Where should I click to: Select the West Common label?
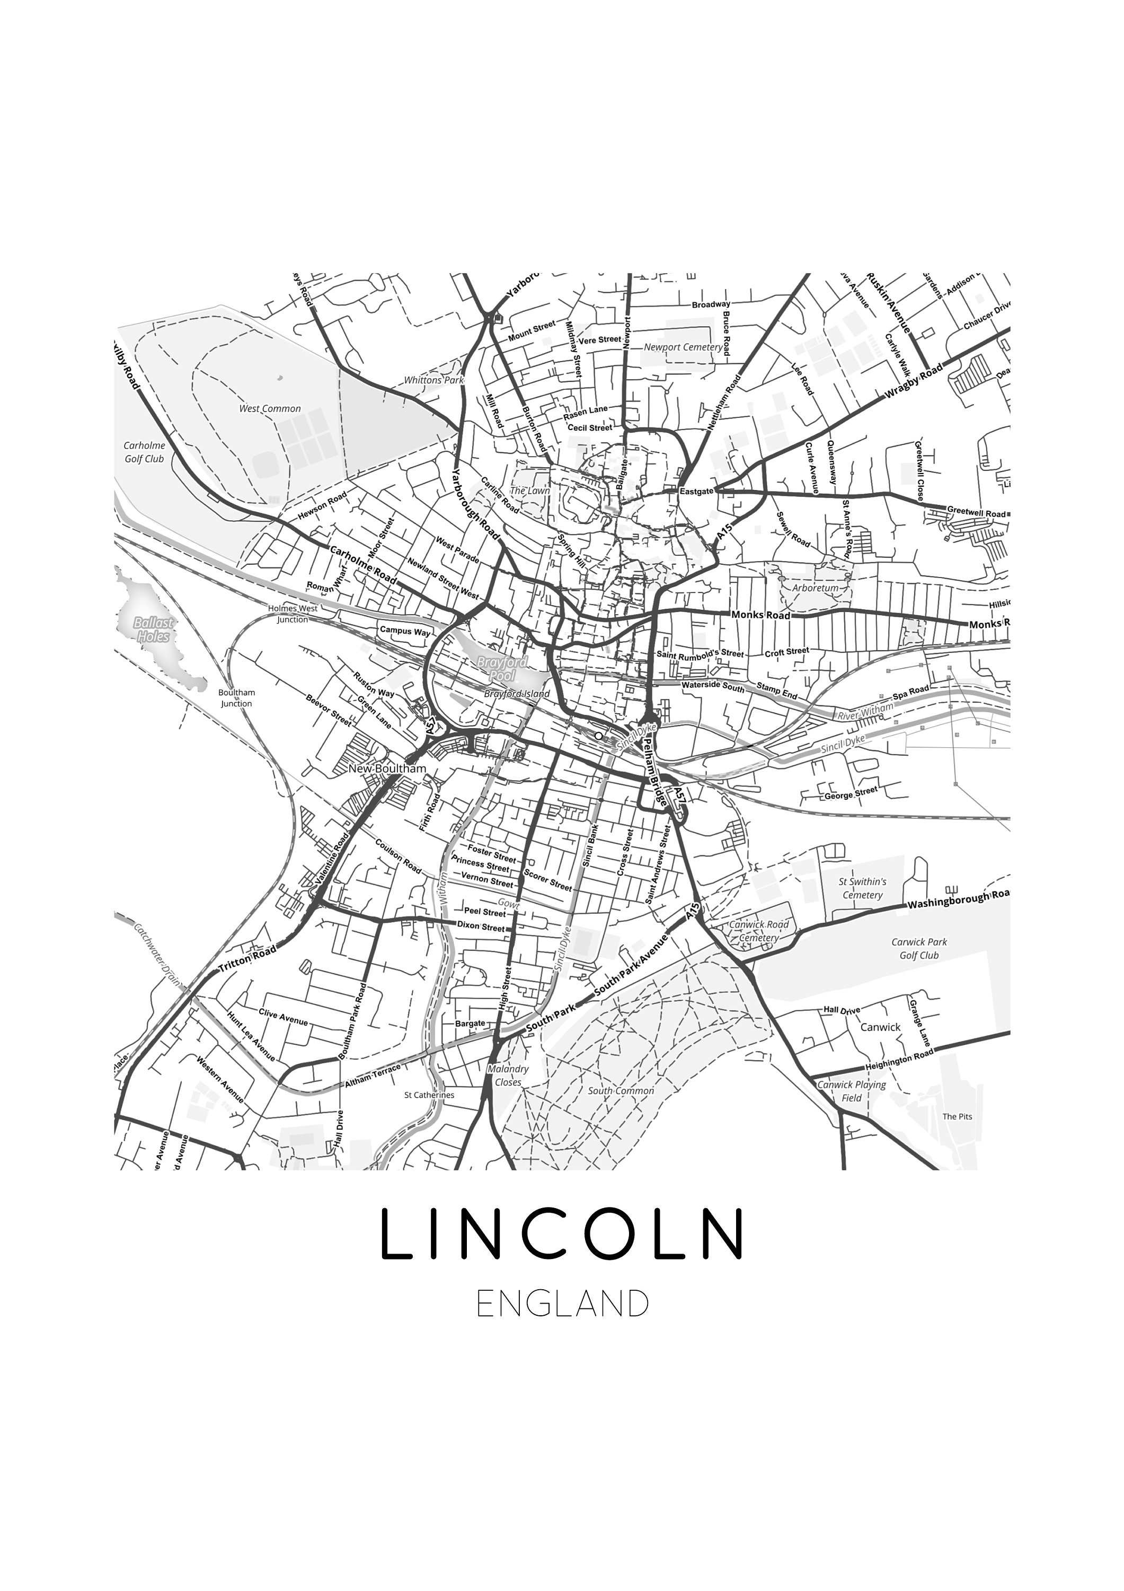tap(270, 409)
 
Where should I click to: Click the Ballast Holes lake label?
tap(153, 629)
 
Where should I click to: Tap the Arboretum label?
tap(815, 588)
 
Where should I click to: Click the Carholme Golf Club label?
tap(144, 452)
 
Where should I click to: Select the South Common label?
tap(621, 1091)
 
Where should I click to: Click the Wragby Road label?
tap(914, 382)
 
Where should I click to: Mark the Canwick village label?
tap(880, 1027)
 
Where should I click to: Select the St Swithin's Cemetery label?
tap(862, 888)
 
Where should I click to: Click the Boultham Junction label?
tap(237, 698)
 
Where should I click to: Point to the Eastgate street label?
tap(696, 491)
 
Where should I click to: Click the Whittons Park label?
tap(433, 380)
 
